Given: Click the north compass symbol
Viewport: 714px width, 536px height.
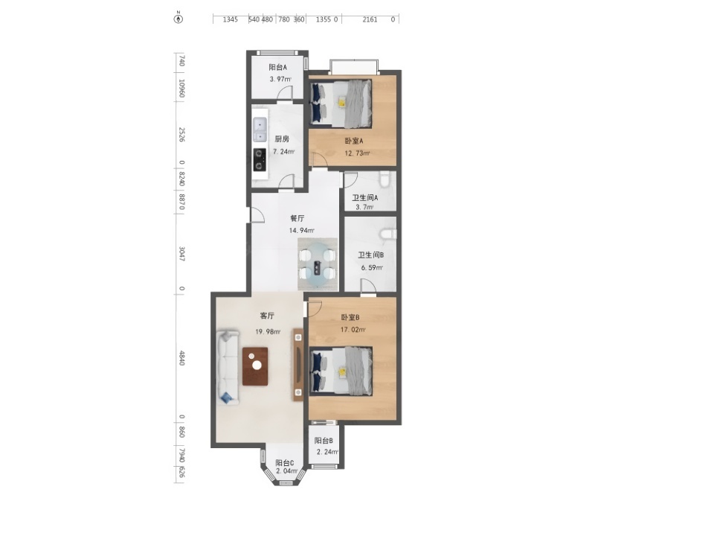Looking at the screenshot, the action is tap(178, 19).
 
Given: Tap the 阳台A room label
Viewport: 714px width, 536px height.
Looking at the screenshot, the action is tap(277, 68).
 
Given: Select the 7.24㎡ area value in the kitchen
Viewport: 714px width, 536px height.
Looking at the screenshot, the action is tap(283, 151).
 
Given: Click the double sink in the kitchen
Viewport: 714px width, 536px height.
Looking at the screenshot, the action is tap(260, 130).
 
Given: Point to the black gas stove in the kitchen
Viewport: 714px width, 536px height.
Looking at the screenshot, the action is tap(260, 159).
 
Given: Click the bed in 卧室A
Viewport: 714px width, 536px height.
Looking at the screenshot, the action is tap(341, 103).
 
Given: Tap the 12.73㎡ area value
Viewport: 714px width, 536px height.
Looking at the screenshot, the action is tap(357, 153).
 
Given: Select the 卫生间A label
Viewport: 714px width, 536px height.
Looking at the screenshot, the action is tap(364, 197).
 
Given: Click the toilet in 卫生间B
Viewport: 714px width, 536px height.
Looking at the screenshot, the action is tap(388, 234).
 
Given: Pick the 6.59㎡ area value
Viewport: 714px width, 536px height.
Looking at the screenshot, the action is tap(372, 267).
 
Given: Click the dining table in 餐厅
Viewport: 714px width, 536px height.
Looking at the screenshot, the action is tap(318, 264).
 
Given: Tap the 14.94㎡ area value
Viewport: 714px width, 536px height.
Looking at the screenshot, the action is tap(301, 230).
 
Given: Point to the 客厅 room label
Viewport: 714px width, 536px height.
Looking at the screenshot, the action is tap(267, 316).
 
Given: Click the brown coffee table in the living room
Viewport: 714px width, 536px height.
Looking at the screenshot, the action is tap(255, 366).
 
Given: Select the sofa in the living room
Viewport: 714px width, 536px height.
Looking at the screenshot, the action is tap(228, 367).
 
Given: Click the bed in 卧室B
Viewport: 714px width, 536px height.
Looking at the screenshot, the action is tap(341, 371).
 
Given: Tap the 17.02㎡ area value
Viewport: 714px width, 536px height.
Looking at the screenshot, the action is tap(353, 330).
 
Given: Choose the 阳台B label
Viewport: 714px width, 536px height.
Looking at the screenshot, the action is tap(324, 441).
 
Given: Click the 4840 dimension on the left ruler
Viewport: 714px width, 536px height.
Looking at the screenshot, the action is tap(181, 358).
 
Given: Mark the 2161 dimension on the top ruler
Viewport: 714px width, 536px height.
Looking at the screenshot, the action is tap(370, 19).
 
